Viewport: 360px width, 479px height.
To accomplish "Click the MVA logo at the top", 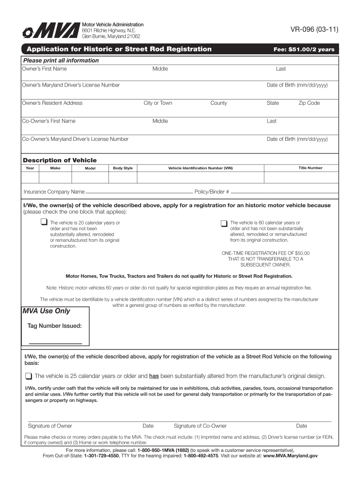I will pyautogui.click(x=50, y=31).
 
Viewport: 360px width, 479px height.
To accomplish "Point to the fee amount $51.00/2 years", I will pyautogui.click(x=304, y=50).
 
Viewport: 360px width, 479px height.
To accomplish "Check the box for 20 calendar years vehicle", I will pyautogui.click(x=43, y=222).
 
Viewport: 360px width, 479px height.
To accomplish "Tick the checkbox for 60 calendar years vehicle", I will pyautogui.click(x=224, y=223).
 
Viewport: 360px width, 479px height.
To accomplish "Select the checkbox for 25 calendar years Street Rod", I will pyautogui.click(x=29, y=376).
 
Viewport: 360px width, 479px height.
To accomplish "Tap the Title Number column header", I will pyautogui.click(x=310, y=168).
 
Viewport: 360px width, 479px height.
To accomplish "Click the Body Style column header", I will pyautogui.click(x=122, y=168).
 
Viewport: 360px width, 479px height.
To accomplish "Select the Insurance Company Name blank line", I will pyautogui.click(x=139, y=192).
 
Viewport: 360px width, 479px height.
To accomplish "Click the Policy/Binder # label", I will pyautogui.click(x=212, y=192).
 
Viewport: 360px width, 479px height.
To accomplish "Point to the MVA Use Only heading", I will pyautogui.click(x=46, y=311).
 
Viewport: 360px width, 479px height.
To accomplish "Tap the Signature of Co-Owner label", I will pyautogui.click(x=200, y=426).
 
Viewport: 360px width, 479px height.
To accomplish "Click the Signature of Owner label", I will pyautogui.click(x=50, y=426).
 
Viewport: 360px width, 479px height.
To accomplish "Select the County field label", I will pyautogui.click(x=218, y=103).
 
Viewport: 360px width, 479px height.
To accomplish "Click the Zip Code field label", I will pyautogui.click(x=309, y=103).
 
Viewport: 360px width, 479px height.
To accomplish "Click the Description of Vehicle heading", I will pyautogui.click(x=60, y=160).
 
